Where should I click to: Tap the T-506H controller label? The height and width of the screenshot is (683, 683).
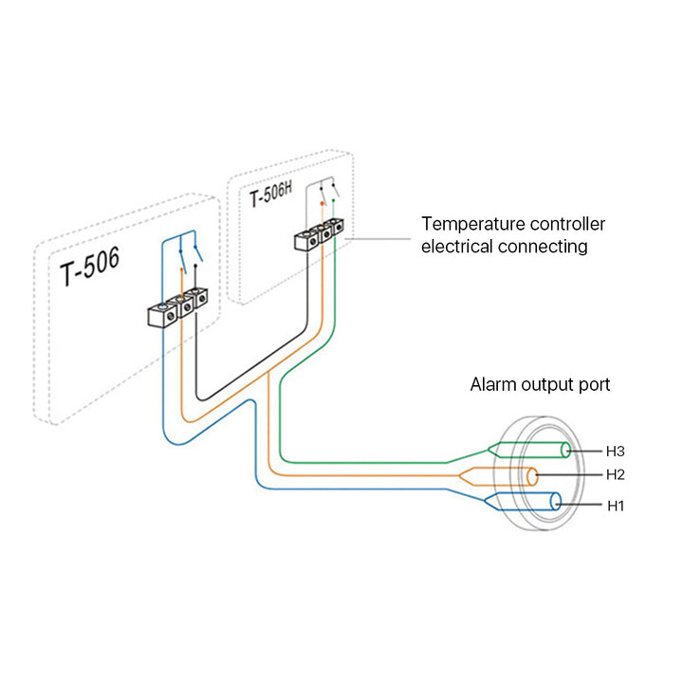point(271,196)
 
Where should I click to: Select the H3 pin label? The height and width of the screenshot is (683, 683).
point(616,450)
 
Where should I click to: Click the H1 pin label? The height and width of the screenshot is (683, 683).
point(616,507)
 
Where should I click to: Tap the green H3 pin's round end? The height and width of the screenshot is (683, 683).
point(566,451)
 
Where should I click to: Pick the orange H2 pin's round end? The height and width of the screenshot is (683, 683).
point(534,475)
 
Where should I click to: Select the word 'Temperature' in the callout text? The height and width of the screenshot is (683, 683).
point(467,225)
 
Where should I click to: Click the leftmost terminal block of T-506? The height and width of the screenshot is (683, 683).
point(160,314)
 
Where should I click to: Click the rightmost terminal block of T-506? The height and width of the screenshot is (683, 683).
point(197,302)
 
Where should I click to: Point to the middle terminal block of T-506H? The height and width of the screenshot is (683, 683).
point(321,234)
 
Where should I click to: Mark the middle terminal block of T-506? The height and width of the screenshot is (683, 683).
point(179,307)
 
